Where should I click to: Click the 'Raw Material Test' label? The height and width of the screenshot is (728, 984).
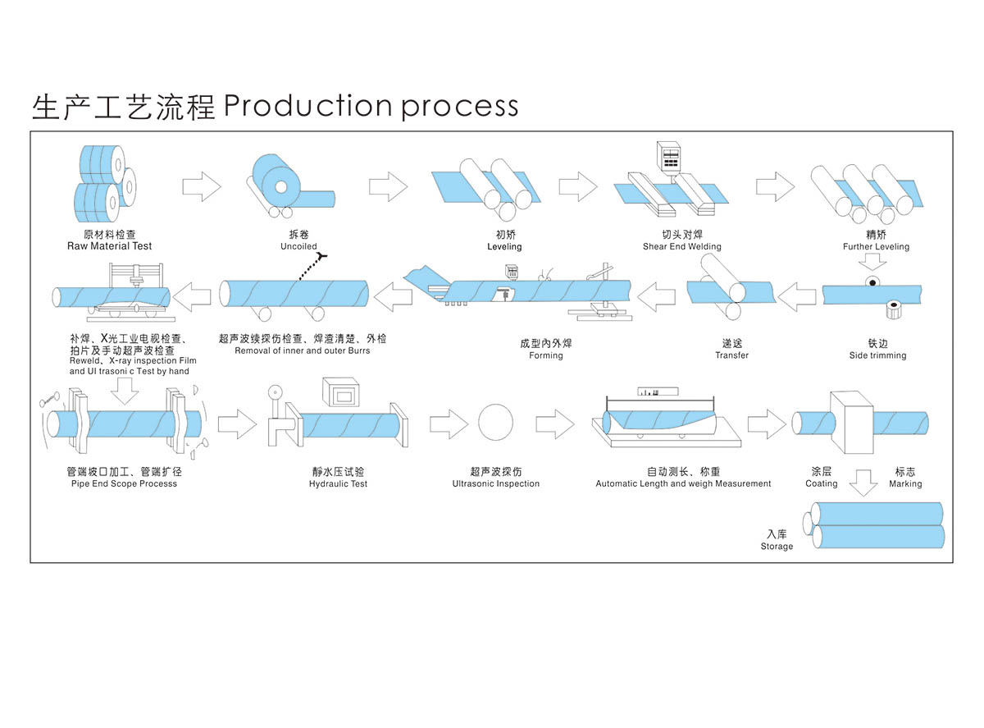click(x=109, y=246)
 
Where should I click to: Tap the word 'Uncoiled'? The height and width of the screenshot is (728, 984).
click(x=298, y=246)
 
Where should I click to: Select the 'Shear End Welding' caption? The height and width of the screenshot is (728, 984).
click(x=681, y=246)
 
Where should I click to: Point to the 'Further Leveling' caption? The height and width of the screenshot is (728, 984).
click(x=876, y=246)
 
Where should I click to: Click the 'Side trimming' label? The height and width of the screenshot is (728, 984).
click(x=877, y=355)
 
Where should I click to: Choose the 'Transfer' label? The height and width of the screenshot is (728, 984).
click(x=731, y=355)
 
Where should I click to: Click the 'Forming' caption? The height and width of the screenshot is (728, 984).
click(x=546, y=355)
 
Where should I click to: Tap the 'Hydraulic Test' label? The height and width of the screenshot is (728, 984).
click(x=338, y=484)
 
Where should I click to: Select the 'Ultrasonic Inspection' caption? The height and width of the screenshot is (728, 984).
click(x=495, y=484)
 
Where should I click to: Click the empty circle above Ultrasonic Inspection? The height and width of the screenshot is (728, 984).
click(x=496, y=423)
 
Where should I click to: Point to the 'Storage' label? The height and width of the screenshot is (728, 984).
click(x=777, y=547)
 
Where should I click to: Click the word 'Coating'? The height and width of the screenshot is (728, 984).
click(x=821, y=484)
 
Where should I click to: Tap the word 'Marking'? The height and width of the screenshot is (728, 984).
click(x=905, y=484)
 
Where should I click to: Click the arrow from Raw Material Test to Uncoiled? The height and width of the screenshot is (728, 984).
click(x=201, y=187)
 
